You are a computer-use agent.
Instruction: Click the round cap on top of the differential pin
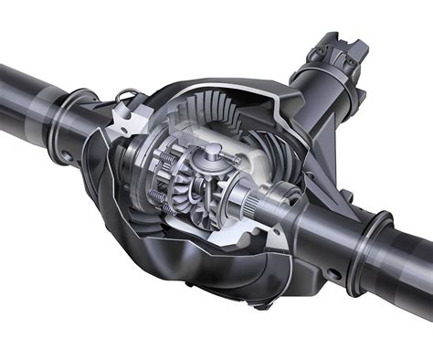pyautogui.click(x=212, y=148)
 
